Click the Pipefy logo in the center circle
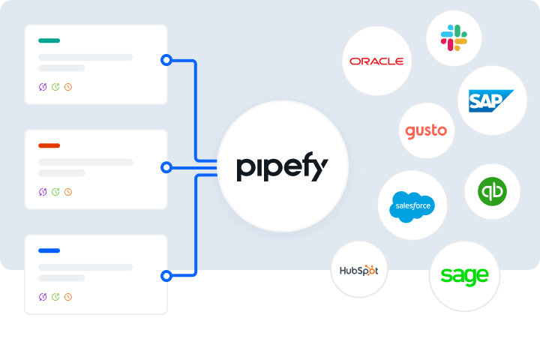283,166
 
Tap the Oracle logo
376,61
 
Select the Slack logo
453,37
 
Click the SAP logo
491,100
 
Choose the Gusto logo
426,131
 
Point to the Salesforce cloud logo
412,205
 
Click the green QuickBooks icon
492,191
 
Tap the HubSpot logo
359,270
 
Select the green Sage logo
464,275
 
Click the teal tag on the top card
49,40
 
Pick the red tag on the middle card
49,145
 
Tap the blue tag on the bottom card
49,250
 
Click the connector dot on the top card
166,60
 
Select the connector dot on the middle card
166,166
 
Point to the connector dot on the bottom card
166,275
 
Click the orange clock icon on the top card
68,87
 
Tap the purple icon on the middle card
43,192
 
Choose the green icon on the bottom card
55,297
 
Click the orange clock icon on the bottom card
68,297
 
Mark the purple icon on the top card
43,87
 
